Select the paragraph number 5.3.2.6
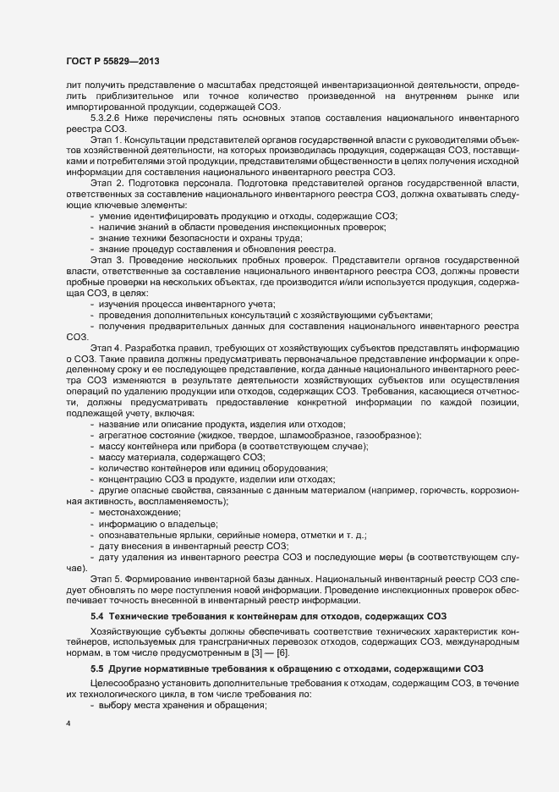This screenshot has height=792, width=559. [106, 118]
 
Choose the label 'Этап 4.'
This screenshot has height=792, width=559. [107, 347]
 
